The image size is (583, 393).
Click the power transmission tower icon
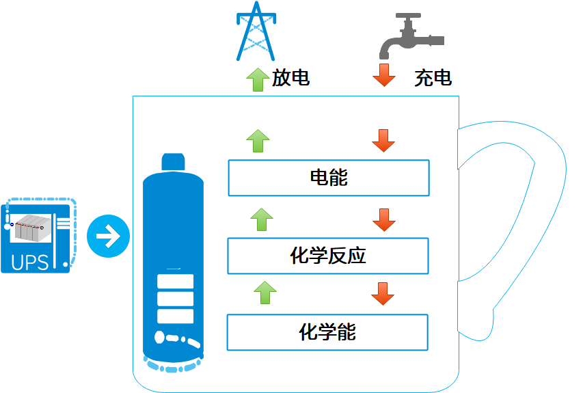tap(256, 31)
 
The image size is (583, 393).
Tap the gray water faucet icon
tap(411, 36)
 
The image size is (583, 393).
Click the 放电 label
tap(290, 78)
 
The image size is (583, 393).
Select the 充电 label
tap(433, 78)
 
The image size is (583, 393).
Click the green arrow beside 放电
tap(258, 79)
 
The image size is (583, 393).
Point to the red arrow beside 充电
tap(384, 74)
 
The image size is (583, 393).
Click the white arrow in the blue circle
tap(108, 236)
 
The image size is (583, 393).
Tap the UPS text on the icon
tap(30, 262)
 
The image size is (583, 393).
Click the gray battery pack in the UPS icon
tap(31, 228)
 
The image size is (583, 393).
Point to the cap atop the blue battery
tap(174, 162)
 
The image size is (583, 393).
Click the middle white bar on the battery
tap(175, 299)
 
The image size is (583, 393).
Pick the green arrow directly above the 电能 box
tap(258, 141)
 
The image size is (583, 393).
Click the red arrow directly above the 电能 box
tap(383, 141)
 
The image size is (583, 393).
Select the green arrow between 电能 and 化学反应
tap(262, 219)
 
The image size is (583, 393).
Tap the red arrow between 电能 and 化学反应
tap(384, 219)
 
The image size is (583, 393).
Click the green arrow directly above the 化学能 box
tap(265, 293)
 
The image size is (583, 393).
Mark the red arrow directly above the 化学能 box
tap(383, 294)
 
